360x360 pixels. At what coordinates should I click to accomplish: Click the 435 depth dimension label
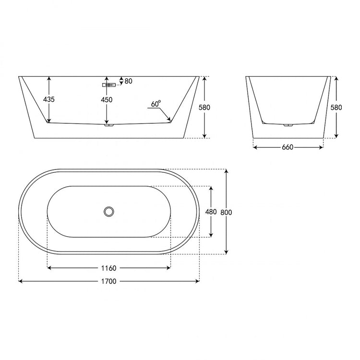click(x=49, y=99)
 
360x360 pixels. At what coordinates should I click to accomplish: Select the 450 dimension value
click(x=107, y=100)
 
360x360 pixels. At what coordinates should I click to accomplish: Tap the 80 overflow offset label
click(x=129, y=81)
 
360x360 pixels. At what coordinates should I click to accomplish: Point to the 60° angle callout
click(x=156, y=104)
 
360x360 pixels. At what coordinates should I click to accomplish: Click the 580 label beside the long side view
click(x=204, y=107)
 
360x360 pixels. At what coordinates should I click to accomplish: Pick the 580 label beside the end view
click(x=336, y=107)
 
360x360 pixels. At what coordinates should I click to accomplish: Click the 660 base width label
click(x=288, y=147)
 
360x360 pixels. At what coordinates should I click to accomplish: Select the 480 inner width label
click(x=211, y=212)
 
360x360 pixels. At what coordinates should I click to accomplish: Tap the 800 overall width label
click(x=226, y=212)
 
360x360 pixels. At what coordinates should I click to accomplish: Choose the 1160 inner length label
click(x=109, y=268)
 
